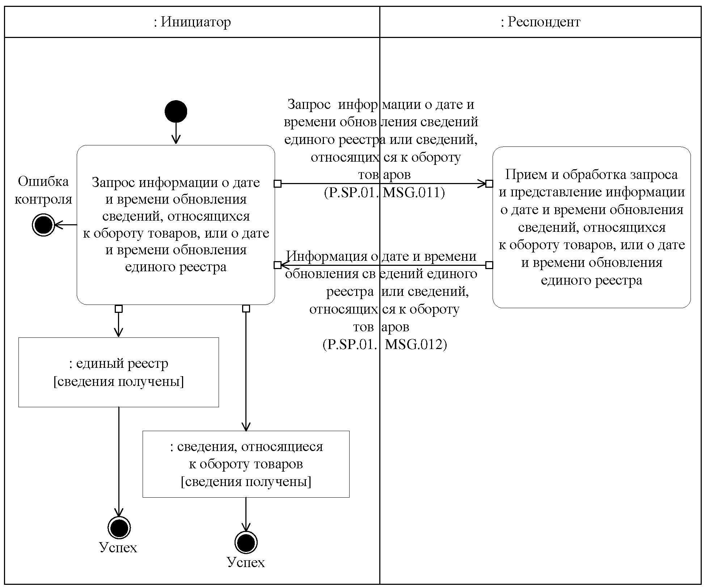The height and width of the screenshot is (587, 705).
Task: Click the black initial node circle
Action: (176, 111)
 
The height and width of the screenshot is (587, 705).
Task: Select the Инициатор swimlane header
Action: (192, 22)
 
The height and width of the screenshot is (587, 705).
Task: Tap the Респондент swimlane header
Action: (540, 22)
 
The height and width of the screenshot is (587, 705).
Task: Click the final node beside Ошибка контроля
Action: (43, 225)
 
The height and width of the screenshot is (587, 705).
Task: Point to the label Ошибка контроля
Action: (43, 190)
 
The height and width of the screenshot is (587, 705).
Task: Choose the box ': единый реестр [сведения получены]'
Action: (119, 372)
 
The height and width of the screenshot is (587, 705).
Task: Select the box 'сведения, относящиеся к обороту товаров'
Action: (246, 464)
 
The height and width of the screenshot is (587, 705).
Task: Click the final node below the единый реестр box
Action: (119, 527)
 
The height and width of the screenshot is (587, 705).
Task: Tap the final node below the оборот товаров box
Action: (246, 543)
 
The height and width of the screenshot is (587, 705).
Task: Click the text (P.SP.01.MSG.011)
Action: (384, 192)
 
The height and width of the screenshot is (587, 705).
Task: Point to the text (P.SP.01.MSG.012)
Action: (385, 344)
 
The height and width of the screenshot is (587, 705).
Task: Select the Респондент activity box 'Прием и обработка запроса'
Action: (591, 227)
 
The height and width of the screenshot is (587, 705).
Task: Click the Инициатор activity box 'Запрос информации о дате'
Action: (176, 225)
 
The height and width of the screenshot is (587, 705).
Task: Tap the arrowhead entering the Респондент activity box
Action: (482, 184)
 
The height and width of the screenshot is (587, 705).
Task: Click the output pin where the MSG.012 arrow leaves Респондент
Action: (489, 265)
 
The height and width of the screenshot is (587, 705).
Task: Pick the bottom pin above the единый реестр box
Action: (119, 309)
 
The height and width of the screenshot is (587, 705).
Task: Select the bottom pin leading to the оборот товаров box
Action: (246, 309)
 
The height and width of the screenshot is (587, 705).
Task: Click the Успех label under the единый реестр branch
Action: (118, 548)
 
